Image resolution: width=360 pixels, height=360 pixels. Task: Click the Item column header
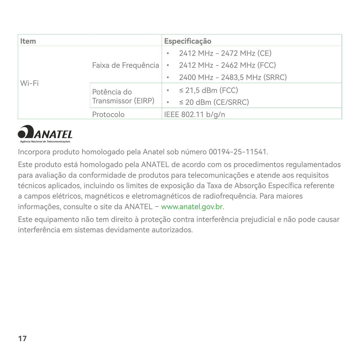coord(28,41)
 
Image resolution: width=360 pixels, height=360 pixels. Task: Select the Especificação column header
coord(188,41)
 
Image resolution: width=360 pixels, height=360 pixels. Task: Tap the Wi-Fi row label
coord(29,83)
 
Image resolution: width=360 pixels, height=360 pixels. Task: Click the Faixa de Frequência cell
coord(125,65)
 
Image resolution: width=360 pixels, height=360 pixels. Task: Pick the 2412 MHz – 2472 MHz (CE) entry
coord(225,53)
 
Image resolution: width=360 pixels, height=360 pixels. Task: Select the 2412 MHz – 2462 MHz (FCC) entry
coord(227,65)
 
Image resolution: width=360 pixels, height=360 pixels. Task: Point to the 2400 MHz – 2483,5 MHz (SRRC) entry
coord(233,77)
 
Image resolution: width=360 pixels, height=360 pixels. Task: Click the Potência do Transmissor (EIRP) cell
coord(123,96)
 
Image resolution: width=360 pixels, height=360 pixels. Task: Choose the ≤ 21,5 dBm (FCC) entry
coord(208,90)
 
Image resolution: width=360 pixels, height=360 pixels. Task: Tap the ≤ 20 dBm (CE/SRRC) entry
coord(214,102)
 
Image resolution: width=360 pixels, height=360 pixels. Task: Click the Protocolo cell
coord(108,114)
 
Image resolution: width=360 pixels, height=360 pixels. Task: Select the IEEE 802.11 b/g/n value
coord(194,114)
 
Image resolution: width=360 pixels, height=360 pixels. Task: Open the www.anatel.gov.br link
coord(192,207)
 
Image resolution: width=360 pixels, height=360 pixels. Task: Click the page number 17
coord(22,338)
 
